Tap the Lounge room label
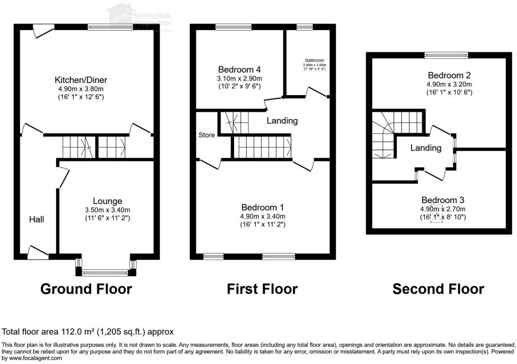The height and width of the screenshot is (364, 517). (108, 201)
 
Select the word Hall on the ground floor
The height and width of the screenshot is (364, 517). (37, 219)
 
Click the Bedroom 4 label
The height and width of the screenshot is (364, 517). (239, 69)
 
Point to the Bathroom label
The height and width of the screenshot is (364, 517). (314, 60)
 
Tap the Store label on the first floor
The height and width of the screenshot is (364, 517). (207, 135)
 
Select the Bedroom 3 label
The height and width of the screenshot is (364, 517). (443, 200)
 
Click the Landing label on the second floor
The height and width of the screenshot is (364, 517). (426, 148)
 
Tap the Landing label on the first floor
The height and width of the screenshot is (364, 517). (282, 121)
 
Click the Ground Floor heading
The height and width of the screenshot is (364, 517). (86, 289)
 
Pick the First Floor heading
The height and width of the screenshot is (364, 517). (262, 289)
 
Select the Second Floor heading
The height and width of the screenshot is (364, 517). (438, 289)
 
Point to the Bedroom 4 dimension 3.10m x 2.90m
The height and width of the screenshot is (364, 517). (239, 78)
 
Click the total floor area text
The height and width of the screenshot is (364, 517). (88, 332)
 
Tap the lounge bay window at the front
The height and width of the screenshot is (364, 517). (105, 273)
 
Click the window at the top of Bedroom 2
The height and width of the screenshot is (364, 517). (445, 54)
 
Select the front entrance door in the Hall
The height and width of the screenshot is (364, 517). (37, 253)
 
